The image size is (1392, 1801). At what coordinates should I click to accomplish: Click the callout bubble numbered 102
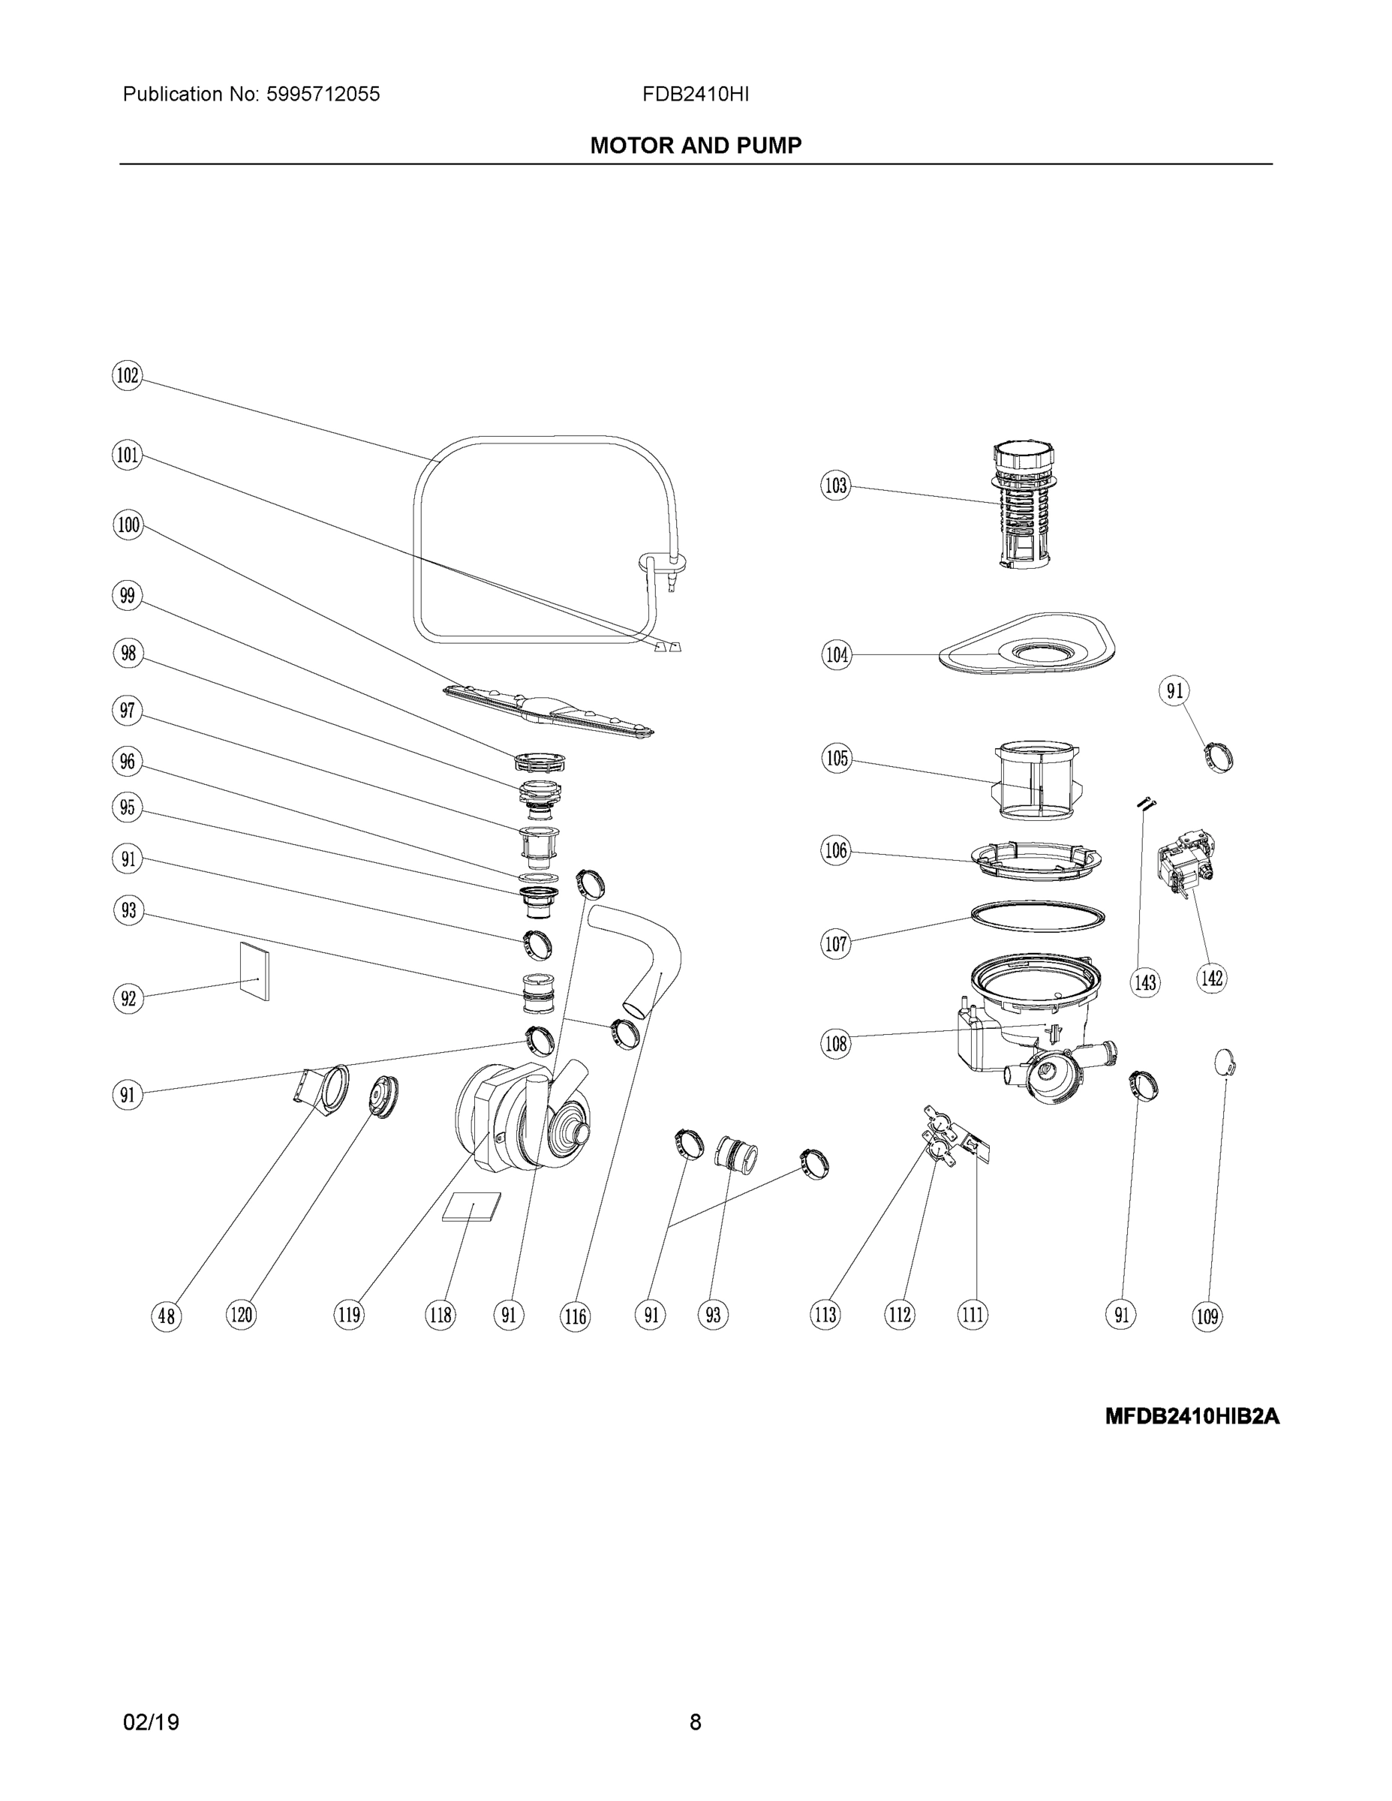127,376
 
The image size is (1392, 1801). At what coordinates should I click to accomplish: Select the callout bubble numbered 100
128,525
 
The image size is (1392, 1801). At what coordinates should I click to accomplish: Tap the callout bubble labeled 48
167,1316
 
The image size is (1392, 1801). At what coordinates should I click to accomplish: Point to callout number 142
1211,978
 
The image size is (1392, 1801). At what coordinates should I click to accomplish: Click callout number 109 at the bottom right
1207,1316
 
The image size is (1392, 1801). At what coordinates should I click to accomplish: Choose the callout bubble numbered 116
575,1316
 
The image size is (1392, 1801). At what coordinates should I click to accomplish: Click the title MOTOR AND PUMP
695,146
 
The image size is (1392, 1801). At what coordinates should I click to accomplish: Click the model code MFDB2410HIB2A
1192,1417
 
